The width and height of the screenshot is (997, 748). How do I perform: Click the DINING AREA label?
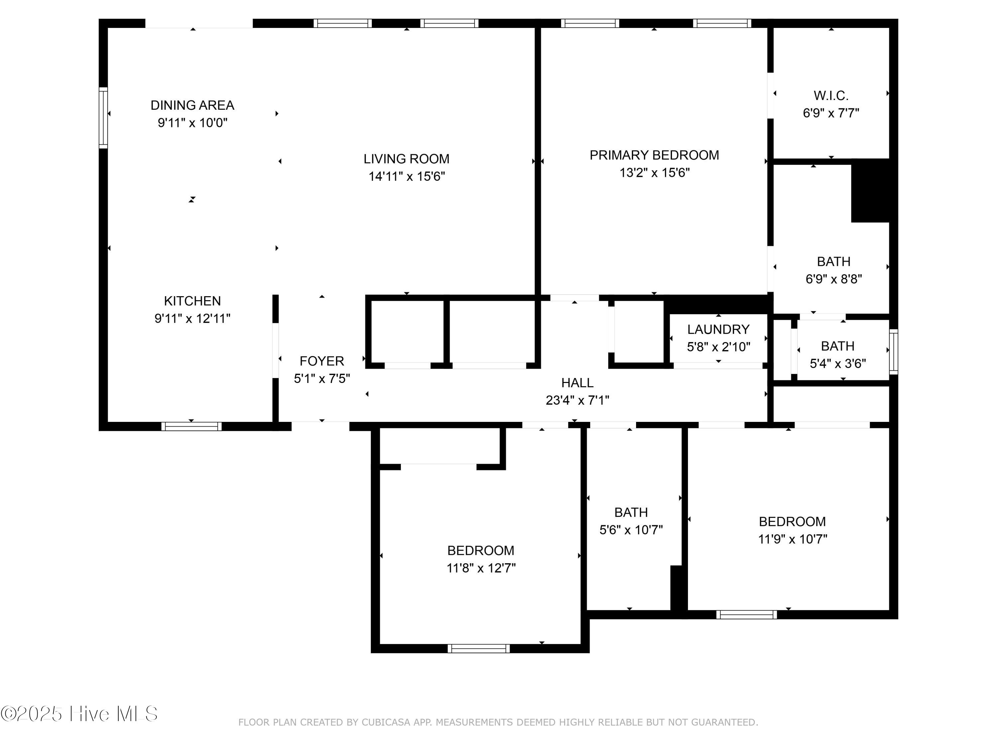tap(192, 105)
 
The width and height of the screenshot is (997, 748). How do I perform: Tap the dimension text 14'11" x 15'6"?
tap(406, 176)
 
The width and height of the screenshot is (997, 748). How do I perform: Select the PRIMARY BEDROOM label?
tap(654, 155)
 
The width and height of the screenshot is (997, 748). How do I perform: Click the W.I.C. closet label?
tap(831, 96)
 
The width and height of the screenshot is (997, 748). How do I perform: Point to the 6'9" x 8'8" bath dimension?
tap(833, 279)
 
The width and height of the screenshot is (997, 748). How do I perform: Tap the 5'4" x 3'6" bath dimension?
tap(837, 363)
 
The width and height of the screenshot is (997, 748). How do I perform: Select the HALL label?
tap(577, 383)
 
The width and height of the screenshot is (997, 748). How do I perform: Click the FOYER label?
tap(322, 361)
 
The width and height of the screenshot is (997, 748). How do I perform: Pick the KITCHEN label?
tap(192, 301)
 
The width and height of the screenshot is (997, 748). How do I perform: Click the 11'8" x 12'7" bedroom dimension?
tap(481, 568)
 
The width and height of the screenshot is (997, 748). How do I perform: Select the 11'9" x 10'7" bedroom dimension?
tap(792, 539)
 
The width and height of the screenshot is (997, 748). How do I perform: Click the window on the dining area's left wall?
tap(103, 118)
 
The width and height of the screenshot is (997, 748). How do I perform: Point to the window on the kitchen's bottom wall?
tap(191, 426)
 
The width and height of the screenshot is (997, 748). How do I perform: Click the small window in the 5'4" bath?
tap(893, 352)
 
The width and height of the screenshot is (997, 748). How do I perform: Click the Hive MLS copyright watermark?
tap(79, 714)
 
